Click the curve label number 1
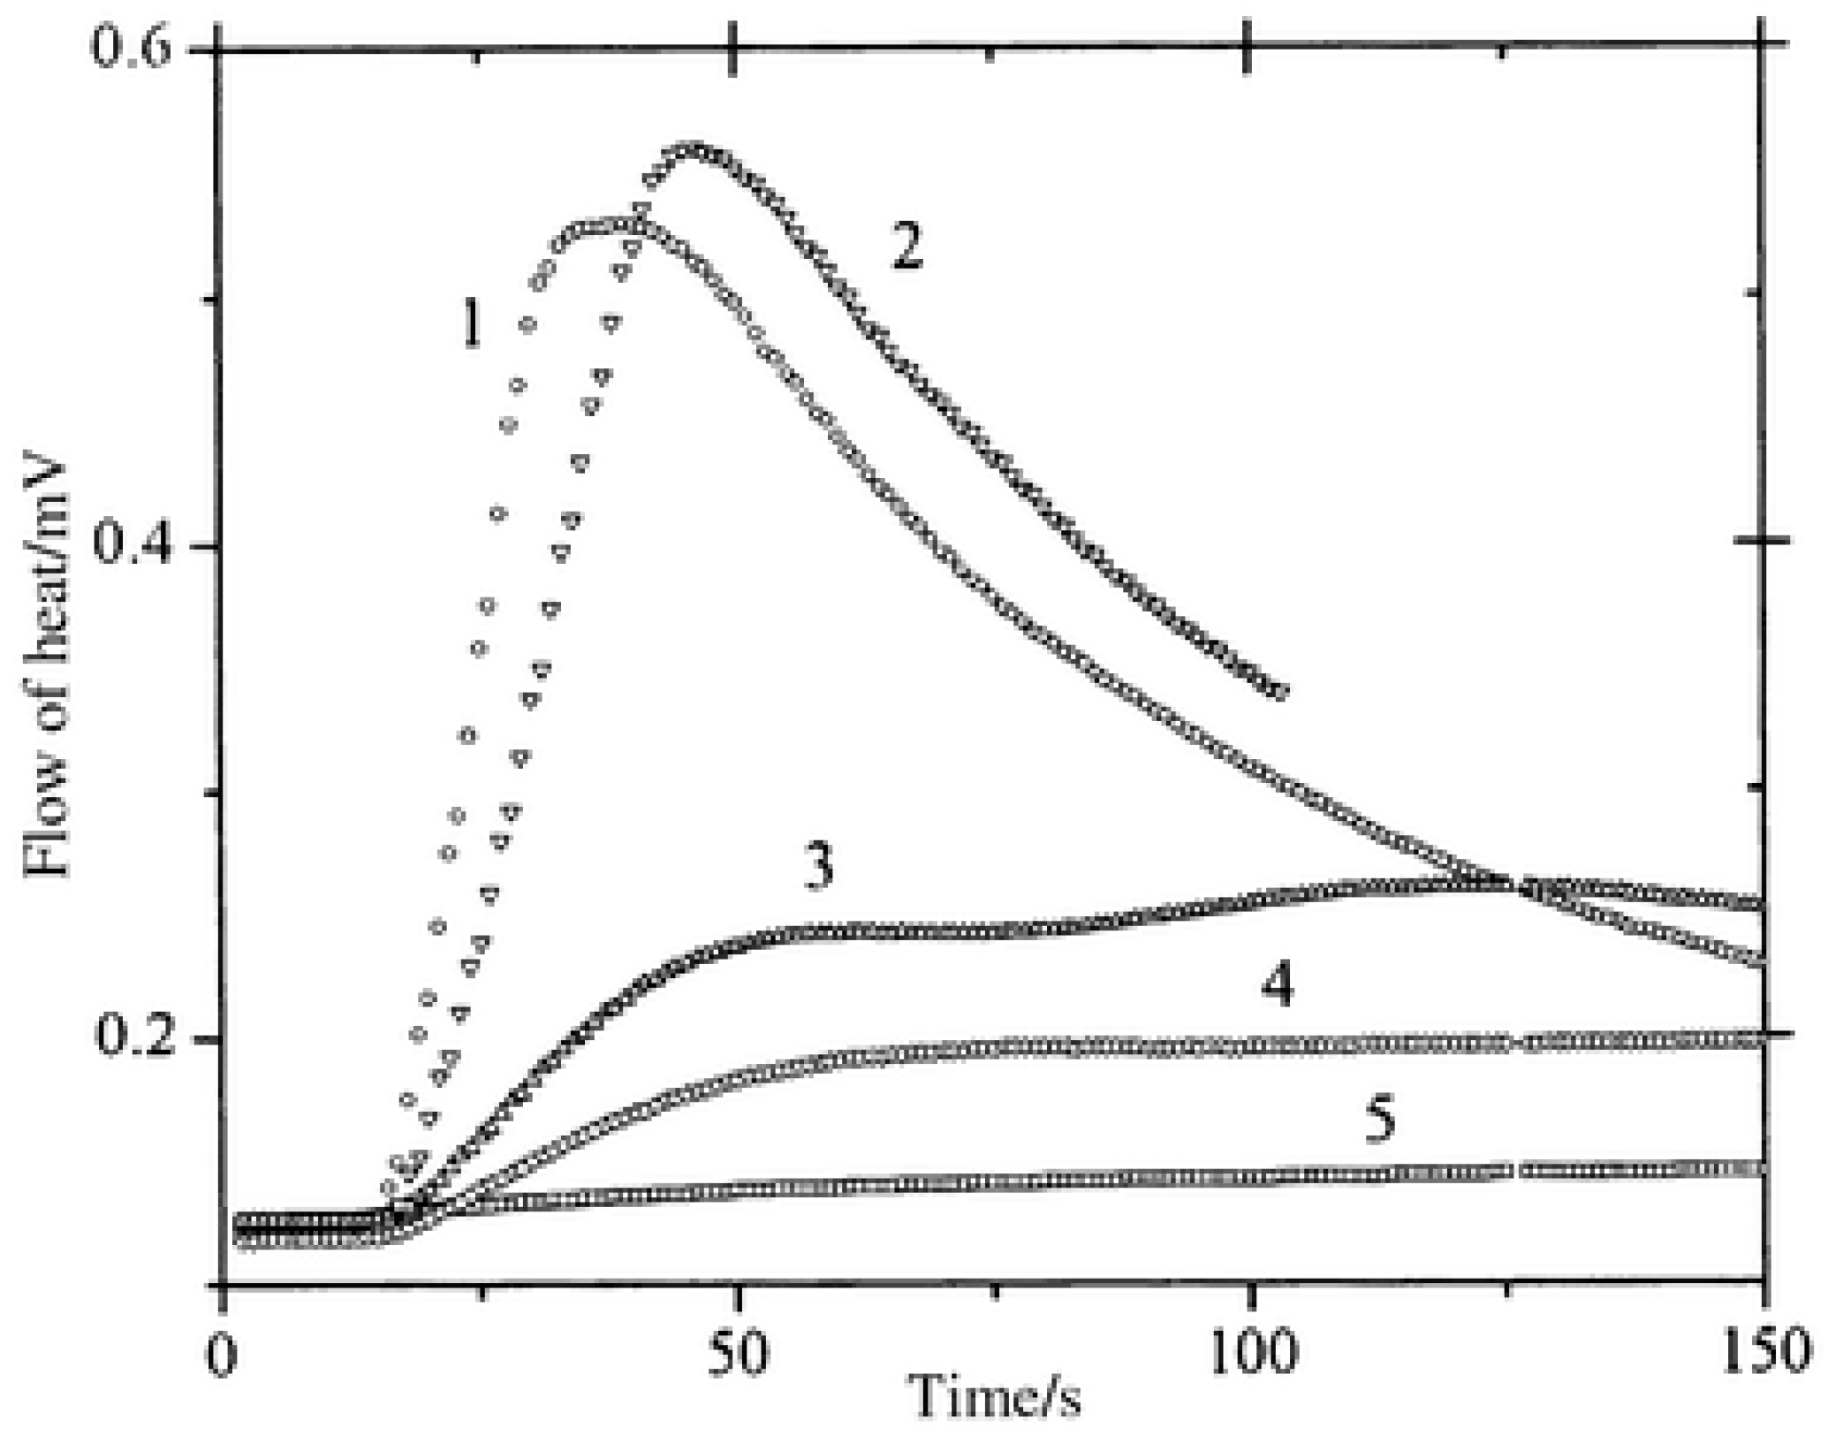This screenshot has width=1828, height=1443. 473,323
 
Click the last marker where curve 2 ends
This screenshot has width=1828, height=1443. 1279,692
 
